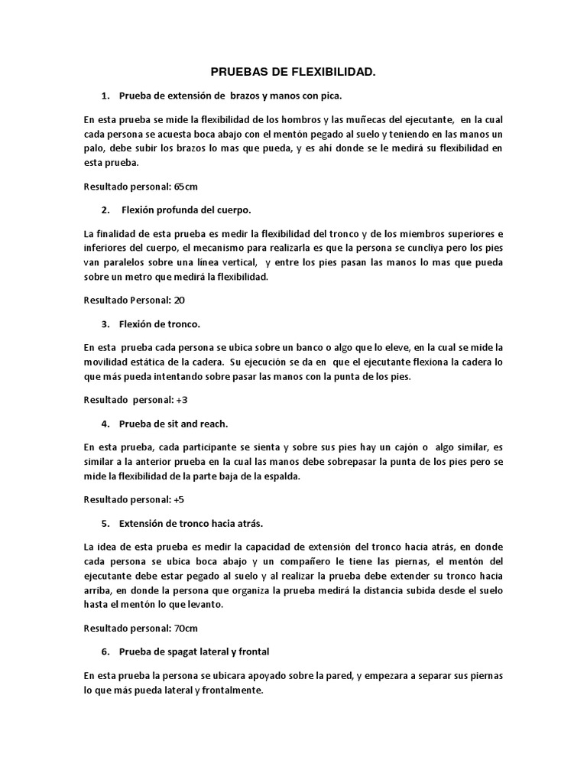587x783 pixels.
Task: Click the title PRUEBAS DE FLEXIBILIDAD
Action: click(x=293, y=72)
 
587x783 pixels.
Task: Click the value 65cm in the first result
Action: click(x=186, y=186)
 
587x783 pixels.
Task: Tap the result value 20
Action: click(x=180, y=299)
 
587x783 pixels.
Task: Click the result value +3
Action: click(x=182, y=399)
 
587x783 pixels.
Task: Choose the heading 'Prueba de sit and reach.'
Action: click(x=174, y=423)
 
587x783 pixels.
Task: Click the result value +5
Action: click(x=180, y=499)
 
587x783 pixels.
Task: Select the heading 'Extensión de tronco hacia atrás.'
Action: click(x=191, y=523)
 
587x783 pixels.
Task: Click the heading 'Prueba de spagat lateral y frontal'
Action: click(x=194, y=651)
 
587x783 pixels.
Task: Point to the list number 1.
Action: click(x=104, y=96)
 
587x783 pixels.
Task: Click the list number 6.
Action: click(x=104, y=651)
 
